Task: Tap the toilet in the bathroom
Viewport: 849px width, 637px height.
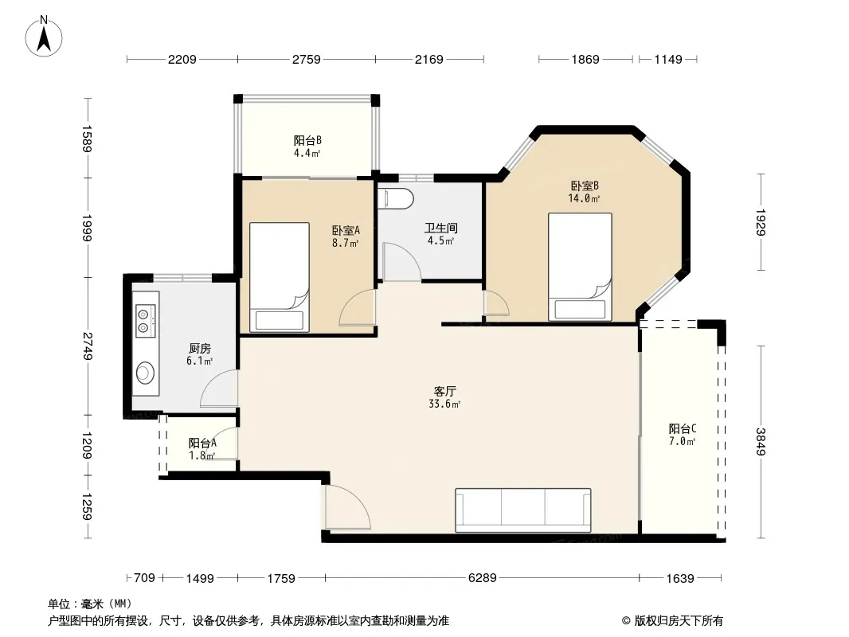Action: (395, 198)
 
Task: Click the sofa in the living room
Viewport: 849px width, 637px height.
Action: (522, 510)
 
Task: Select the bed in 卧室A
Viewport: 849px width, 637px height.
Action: (279, 276)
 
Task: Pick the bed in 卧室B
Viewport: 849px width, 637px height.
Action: (580, 266)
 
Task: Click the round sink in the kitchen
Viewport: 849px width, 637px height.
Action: (145, 373)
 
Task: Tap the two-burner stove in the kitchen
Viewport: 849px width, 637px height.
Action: (145, 320)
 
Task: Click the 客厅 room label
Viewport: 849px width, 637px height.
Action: (444, 391)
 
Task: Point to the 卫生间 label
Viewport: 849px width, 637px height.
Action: (440, 228)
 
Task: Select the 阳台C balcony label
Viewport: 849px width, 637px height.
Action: (683, 429)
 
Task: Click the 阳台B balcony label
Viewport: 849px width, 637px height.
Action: (307, 141)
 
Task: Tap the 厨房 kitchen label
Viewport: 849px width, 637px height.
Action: (200, 349)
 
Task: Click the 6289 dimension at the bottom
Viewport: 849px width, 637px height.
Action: (482, 578)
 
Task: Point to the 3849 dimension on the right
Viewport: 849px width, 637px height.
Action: (761, 442)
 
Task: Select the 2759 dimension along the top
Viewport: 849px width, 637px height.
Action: (307, 60)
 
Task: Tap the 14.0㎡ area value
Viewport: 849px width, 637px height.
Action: (584, 198)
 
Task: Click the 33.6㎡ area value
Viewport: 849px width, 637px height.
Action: (444, 404)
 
